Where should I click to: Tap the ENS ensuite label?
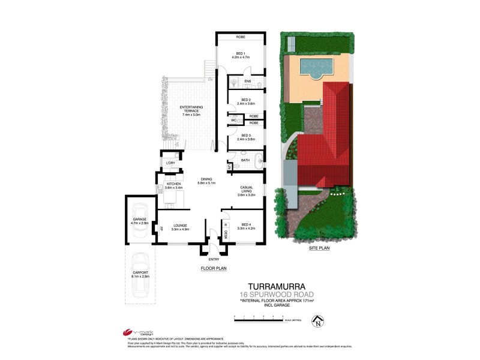247,81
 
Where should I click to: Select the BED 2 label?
245,100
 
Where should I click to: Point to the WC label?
234,119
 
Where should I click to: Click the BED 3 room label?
245,136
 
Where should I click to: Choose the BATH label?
245,160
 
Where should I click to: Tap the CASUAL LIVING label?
247,190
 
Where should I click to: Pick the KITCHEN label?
173,184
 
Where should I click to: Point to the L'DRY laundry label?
170,163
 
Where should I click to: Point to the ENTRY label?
214,259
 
